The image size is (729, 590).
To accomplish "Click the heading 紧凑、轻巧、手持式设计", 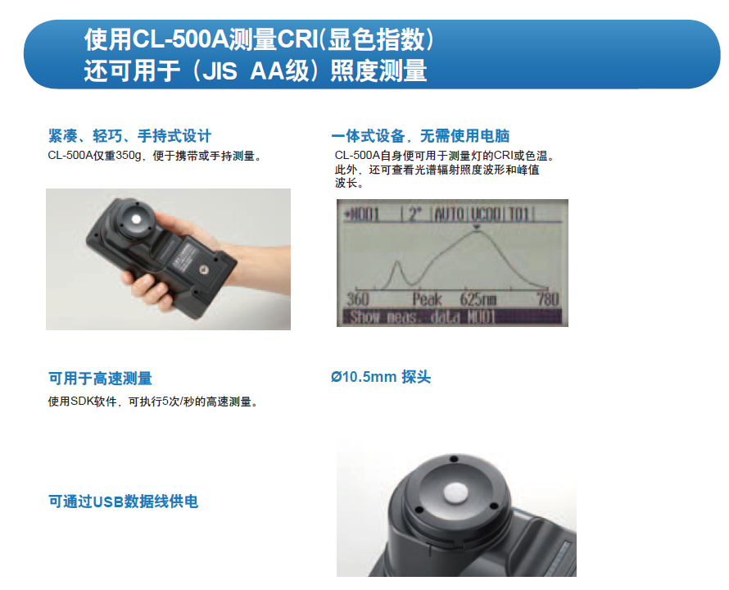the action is [129, 136].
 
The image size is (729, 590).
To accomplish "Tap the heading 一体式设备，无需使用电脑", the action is [420, 136].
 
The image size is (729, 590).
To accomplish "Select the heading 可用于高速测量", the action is [101, 379].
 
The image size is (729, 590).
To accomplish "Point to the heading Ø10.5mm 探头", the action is [381, 377].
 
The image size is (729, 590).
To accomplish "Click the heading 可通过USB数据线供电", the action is [123, 501].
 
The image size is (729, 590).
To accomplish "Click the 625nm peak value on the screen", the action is [478, 299].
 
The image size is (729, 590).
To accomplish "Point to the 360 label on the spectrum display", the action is [357, 299].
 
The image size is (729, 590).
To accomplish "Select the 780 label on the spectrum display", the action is [548, 299].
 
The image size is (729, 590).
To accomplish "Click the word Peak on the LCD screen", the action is [427, 299].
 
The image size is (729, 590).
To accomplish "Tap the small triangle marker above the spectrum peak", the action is [476, 227].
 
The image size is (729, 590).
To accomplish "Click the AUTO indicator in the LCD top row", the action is [449, 215].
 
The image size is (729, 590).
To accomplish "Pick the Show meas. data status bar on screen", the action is [452, 317].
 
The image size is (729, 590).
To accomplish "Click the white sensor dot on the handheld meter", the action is [136, 219].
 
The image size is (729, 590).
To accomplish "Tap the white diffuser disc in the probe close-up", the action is [455, 492].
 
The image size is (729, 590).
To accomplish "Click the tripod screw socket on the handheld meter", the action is [203, 270].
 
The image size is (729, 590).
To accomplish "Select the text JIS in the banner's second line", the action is [219, 71].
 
